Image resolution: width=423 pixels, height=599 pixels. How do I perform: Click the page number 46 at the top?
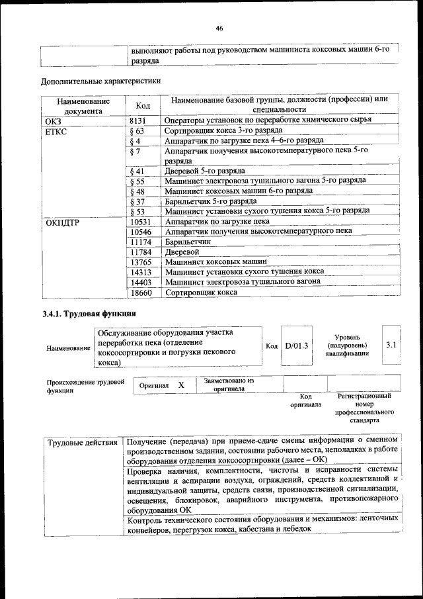click(x=219, y=27)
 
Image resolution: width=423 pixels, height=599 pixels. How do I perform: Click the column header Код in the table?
click(x=143, y=106)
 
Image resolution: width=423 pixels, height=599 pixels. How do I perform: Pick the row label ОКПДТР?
click(x=63, y=222)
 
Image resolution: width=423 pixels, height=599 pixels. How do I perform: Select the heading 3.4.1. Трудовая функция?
click(x=89, y=312)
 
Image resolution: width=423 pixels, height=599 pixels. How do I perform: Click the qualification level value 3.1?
click(x=390, y=345)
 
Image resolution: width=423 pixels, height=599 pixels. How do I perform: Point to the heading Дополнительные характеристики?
click(x=100, y=81)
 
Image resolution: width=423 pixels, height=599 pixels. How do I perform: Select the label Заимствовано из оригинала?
click(x=229, y=385)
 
